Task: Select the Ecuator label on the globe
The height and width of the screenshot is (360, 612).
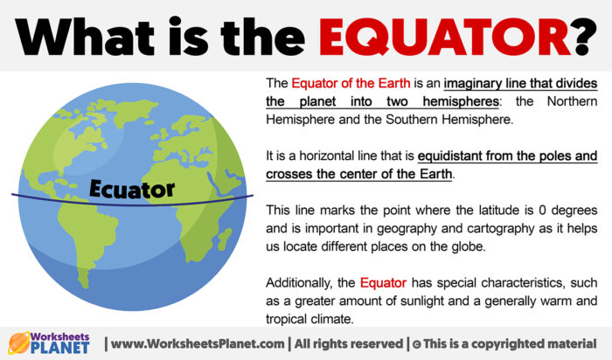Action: tap(132, 188)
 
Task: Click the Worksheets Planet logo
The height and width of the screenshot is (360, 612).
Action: tap(50, 343)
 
